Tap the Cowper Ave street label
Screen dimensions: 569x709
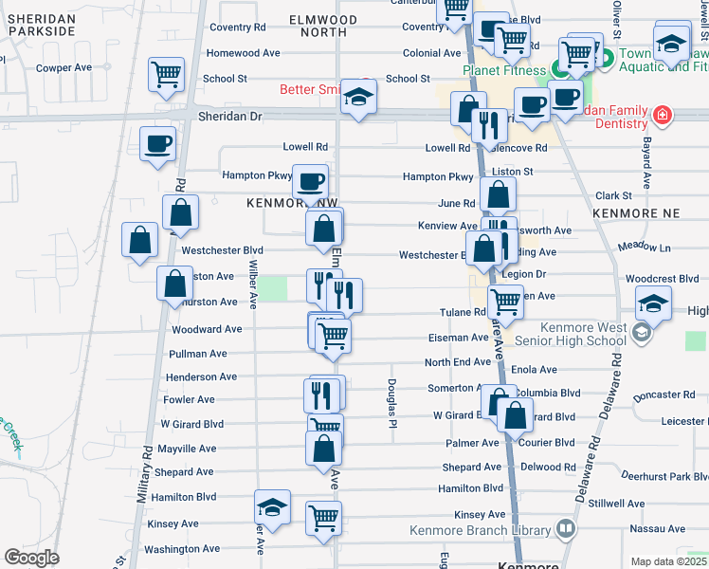click(x=64, y=67)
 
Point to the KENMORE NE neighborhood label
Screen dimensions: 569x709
click(x=631, y=215)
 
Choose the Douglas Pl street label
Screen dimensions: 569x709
click(x=391, y=403)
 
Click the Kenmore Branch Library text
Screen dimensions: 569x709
click(x=480, y=531)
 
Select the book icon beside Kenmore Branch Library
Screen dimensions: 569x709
click(x=566, y=528)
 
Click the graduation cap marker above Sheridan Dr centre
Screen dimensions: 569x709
click(x=358, y=96)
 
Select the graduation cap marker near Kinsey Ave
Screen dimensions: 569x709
click(x=271, y=507)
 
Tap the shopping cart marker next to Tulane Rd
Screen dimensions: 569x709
click(x=505, y=302)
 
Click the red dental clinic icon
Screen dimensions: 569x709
click(x=662, y=117)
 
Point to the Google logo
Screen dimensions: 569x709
click(x=31, y=558)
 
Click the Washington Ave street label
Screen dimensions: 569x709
click(x=183, y=549)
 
